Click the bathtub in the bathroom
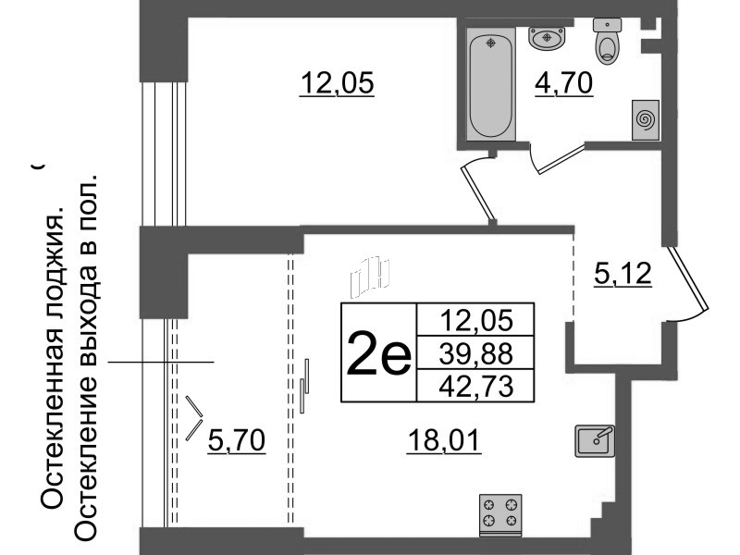(491, 84)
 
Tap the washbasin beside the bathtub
(547, 38)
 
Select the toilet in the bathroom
(607, 41)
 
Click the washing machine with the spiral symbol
(645, 120)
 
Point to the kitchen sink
(595, 441)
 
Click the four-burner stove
(500, 515)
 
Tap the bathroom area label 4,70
(563, 83)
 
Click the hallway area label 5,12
(623, 274)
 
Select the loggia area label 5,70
(237, 441)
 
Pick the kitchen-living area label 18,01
(444, 441)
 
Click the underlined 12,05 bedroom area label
(337, 83)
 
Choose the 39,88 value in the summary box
(475, 353)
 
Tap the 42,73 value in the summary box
(475, 387)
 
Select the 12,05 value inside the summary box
(476, 320)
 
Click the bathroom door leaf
(561, 159)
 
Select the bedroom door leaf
(478, 194)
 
